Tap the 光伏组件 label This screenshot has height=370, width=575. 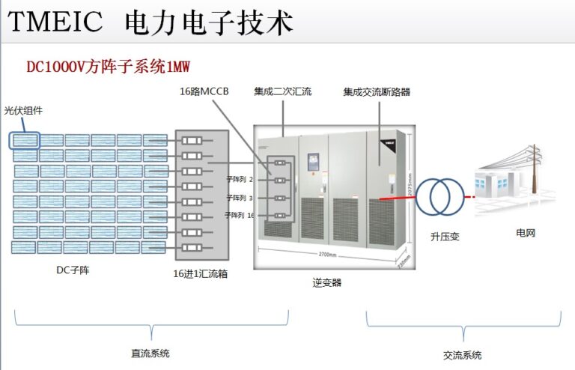tap(23, 110)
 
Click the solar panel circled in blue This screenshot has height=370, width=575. tap(25, 139)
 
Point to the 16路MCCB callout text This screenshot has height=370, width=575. tap(204, 91)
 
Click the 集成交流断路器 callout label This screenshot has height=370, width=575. tap(377, 92)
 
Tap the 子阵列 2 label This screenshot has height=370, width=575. tap(240, 180)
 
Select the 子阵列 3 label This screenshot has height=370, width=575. tap(240, 198)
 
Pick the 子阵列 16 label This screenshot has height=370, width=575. tap(240, 215)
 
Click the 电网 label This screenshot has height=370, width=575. tap(526, 234)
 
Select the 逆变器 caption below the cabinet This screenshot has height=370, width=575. tap(327, 282)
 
